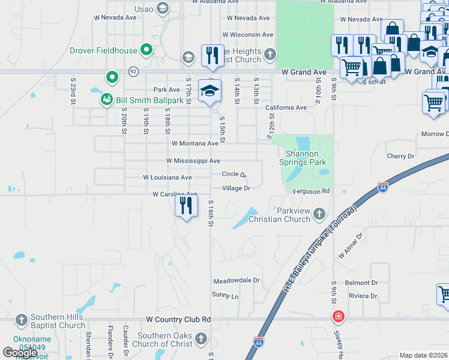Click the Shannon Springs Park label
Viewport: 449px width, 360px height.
coord(302,158)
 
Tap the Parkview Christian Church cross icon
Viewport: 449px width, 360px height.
coord(319,214)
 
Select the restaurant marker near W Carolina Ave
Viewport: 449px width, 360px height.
coord(186,206)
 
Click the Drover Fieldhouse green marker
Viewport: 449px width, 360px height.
coord(145,50)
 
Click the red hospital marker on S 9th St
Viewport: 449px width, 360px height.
coord(339,316)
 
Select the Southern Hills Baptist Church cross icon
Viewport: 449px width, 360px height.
coord(21,319)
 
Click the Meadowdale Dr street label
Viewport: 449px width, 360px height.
coord(237,280)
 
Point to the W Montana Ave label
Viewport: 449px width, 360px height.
coord(194,143)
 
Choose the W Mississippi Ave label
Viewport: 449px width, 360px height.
coord(193,161)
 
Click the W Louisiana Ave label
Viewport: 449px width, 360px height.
coord(167,178)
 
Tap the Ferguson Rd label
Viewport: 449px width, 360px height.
coord(312,191)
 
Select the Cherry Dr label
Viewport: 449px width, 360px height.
coord(400,156)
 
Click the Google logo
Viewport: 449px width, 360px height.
coord(19,353)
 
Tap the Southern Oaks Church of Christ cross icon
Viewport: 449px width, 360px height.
coord(200,340)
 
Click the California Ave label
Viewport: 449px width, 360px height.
coord(286,107)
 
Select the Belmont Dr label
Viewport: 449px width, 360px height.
coord(361,283)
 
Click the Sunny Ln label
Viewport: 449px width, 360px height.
coord(225,295)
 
